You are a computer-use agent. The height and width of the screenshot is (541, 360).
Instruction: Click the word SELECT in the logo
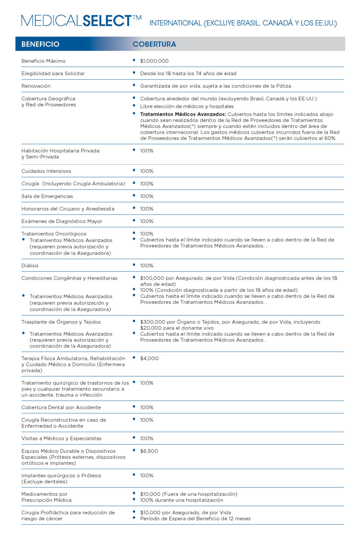coord(107,21)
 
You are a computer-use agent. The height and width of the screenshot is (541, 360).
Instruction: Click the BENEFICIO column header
coord(40,44)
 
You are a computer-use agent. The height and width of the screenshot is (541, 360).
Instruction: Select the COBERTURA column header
coord(154,44)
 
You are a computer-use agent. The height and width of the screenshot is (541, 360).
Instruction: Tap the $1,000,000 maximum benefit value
coord(154,61)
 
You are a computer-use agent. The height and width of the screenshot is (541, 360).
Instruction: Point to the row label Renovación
coord(36,86)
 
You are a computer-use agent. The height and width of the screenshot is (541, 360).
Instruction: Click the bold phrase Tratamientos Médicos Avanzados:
coord(183,114)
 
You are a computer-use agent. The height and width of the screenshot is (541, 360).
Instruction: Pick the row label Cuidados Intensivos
coord(46,171)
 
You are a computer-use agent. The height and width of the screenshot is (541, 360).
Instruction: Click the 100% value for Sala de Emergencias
coord(147,196)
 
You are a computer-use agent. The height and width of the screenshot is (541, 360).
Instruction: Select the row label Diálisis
coord(30,266)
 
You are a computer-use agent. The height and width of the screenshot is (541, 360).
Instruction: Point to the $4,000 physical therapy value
coord(150,359)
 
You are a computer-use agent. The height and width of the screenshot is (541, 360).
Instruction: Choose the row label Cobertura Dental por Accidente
coord(61,408)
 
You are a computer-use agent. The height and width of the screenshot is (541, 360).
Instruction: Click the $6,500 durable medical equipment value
coord(149,451)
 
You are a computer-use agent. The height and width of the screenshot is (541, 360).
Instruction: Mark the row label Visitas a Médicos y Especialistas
coord(61,439)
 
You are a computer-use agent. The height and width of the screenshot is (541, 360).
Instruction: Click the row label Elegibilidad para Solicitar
coord(53,74)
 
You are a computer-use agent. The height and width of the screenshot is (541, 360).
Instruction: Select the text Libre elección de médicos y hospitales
coord(187,106)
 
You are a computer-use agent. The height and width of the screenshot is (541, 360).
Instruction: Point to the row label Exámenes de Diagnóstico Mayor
coord(62,221)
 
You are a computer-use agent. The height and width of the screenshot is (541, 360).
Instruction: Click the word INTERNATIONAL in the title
coord(175,23)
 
